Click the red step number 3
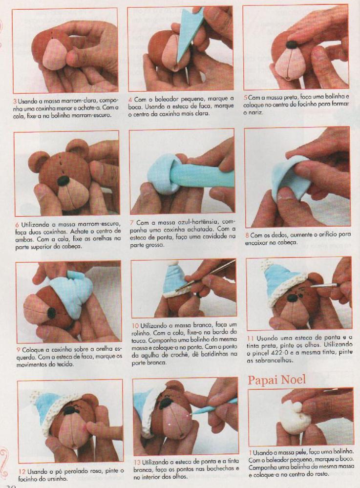point(15,102)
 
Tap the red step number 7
point(132,223)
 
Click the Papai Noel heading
point(276,380)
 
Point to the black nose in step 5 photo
point(292,44)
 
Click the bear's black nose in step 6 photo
point(64,180)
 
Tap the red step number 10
point(135,326)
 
